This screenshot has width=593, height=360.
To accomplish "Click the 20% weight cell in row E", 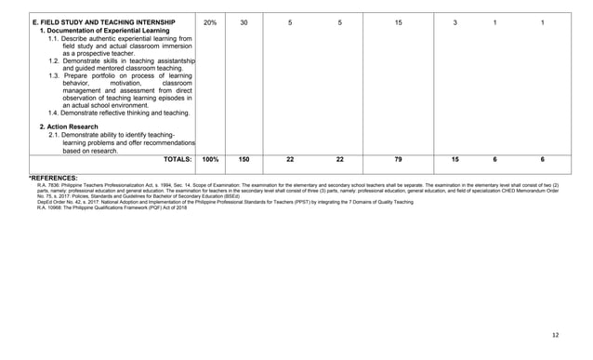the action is [x=209, y=21].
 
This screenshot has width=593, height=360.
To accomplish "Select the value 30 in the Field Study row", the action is [x=244, y=21].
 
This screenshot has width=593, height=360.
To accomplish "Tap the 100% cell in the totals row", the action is [x=210, y=160].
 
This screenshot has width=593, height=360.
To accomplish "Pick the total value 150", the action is [x=244, y=160].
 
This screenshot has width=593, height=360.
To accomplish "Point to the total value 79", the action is [x=399, y=160].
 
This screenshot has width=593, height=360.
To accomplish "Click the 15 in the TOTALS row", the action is [x=455, y=160].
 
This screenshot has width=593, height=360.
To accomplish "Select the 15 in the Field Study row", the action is [x=399, y=21].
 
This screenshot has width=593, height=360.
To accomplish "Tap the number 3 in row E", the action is [x=455, y=21].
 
